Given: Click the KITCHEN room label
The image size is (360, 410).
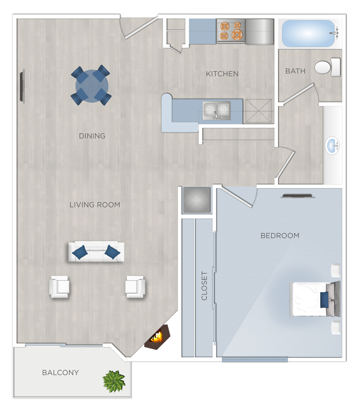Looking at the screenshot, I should pos(222,74).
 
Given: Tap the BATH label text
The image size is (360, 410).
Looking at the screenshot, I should pos(295,71).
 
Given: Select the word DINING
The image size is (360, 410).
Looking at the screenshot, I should pos(92,136).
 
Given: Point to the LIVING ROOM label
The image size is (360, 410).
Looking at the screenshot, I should pos(95,205).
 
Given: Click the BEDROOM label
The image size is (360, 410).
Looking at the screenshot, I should pos(280,236).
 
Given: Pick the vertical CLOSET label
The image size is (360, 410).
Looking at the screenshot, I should pos(204,286).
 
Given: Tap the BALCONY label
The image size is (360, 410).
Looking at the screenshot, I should pos(60,372).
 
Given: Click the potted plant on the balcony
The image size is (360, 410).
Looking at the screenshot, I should pos(114,380).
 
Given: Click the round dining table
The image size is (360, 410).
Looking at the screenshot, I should pos(92,86).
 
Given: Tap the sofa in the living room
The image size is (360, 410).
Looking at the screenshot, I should pos(96,252).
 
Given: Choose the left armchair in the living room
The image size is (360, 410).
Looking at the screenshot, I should pos(60,287).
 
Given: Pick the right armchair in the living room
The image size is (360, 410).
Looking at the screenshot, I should pos(135,287).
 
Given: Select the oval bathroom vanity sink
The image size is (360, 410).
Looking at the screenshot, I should pos(333,145).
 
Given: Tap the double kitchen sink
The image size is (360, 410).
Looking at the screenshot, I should pos(216,111).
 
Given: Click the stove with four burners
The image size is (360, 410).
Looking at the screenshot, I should pos(230,31).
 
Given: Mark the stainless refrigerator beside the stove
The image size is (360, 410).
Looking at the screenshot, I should pos(259,31).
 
